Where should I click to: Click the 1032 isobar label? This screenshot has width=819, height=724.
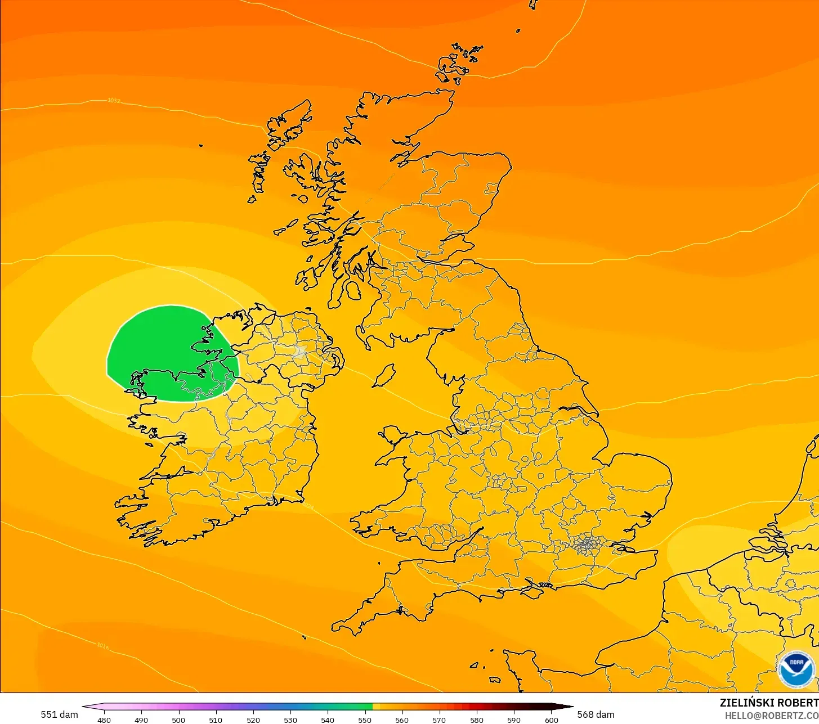(x=114, y=101)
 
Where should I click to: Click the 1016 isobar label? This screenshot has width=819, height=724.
(x=102, y=645)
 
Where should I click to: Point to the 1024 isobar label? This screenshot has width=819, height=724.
(x=308, y=506)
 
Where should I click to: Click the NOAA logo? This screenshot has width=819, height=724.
(x=796, y=669)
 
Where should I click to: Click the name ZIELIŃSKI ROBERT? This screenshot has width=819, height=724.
(x=769, y=703)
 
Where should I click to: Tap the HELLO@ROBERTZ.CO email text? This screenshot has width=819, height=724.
(x=771, y=715)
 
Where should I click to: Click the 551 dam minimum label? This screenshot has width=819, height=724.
(x=59, y=714)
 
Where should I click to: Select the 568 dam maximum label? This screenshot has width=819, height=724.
(x=596, y=714)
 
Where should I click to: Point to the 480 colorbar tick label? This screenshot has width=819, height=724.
(x=104, y=720)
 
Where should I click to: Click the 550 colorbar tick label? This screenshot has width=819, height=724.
(x=365, y=720)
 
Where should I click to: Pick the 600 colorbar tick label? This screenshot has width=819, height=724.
(x=552, y=720)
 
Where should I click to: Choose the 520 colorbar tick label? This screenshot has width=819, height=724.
(x=253, y=720)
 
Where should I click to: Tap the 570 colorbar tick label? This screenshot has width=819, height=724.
(x=439, y=720)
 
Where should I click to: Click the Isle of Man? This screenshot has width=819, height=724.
(x=384, y=376)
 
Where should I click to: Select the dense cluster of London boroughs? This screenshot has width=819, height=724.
(x=587, y=544)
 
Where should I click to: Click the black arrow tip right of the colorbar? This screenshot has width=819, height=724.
(x=570, y=707)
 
